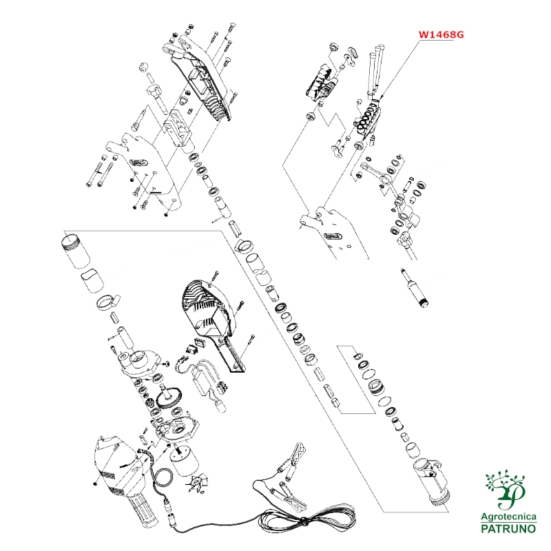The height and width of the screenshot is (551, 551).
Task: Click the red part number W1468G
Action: pyautogui.click(x=441, y=35)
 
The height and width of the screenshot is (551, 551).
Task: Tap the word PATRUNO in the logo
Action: pyautogui.click(x=508, y=528)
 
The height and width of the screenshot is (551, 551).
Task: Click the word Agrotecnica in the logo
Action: pyautogui.click(x=508, y=517)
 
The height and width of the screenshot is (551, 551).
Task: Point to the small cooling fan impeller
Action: pyautogui.click(x=194, y=484)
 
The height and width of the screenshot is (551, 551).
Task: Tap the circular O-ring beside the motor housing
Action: pyautogui.click(x=164, y=477)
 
